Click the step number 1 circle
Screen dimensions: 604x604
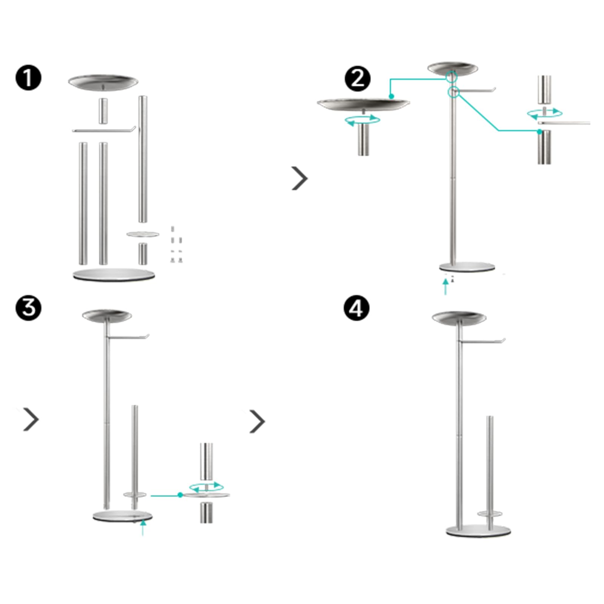(x=28, y=78)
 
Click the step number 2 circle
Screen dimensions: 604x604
(x=357, y=79)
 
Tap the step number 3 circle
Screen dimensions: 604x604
(x=28, y=308)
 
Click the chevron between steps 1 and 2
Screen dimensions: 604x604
(x=300, y=178)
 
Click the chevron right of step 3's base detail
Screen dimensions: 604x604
(x=257, y=421)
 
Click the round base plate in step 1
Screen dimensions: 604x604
(x=114, y=274)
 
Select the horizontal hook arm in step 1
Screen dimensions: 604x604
(x=104, y=131)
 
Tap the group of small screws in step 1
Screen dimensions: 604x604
(x=176, y=245)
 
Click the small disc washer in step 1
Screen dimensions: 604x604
(x=143, y=234)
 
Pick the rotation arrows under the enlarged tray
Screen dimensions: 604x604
(x=363, y=120)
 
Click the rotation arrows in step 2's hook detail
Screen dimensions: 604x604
(x=545, y=113)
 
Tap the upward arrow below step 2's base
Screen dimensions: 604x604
(x=446, y=287)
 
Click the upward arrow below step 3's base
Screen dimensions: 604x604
(x=143, y=527)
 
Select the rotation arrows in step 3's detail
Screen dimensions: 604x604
(x=206, y=487)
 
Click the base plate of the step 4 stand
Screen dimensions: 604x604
(x=478, y=531)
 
